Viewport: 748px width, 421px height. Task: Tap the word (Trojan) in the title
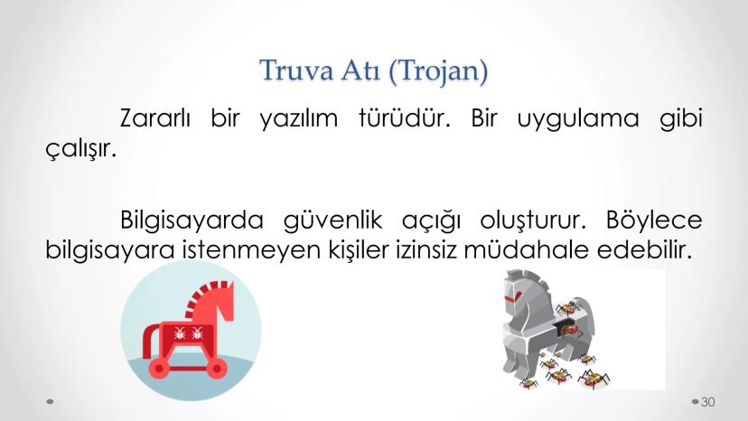click(438, 71)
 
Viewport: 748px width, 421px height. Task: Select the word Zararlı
click(155, 118)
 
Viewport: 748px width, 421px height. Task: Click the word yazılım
click(299, 119)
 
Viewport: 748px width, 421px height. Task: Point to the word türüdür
click(405, 118)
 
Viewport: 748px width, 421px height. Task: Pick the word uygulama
click(578, 119)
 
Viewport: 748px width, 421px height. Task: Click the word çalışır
click(81, 149)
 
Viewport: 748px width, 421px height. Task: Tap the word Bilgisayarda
click(192, 220)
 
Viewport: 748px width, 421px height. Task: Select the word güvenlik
click(333, 220)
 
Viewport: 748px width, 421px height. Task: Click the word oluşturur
click(533, 220)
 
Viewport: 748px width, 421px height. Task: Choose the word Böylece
click(654, 220)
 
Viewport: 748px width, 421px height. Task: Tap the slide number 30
click(708, 402)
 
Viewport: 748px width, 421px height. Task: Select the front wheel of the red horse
click(217, 368)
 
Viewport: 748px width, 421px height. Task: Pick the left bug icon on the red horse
click(180, 332)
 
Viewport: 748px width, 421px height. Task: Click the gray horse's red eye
click(513, 298)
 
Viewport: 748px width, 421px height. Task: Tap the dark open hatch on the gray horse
click(566, 327)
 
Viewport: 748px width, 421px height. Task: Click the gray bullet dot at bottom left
click(50, 401)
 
